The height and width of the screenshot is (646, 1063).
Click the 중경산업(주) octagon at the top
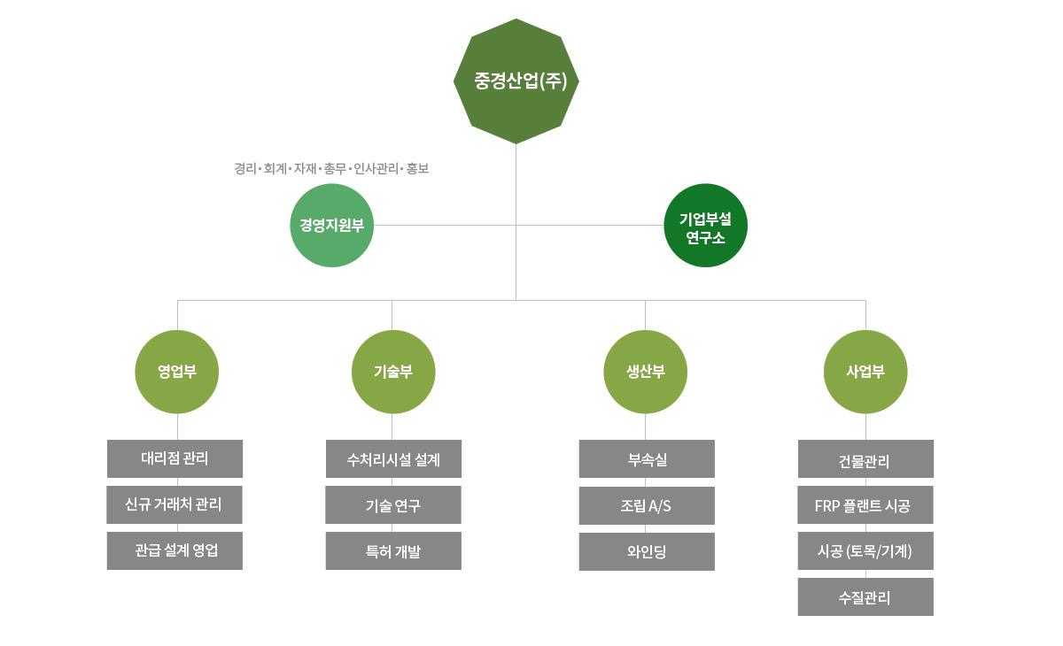tap(516, 81)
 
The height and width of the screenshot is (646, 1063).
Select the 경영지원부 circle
tap(332, 225)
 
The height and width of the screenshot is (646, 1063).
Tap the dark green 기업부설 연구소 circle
tap(706, 226)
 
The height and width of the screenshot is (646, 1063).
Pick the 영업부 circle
tap(177, 372)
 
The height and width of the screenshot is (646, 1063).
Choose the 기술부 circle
tap(393, 372)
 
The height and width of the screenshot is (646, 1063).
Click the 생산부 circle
tap(646, 372)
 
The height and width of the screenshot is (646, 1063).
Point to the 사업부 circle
tap(865, 372)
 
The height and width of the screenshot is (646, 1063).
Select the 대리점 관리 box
tap(175, 458)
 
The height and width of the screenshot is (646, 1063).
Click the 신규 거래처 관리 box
tap(175, 504)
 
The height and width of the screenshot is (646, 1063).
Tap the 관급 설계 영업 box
tap(175, 550)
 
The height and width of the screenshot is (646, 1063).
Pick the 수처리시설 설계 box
tap(393, 458)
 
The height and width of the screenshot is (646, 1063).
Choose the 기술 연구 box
tap(393, 505)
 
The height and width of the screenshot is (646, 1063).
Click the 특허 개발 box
tap(393, 550)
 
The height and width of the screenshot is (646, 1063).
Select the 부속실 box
tap(647, 458)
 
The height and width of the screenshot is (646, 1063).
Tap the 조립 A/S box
tap(647, 505)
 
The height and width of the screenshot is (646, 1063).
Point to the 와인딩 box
tap(647, 551)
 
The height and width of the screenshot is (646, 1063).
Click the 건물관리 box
tap(865, 459)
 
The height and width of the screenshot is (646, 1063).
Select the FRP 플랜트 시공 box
tap(865, 505)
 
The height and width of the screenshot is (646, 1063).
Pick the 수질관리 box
tap(865, 597)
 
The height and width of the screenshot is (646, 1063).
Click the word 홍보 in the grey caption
tap(417, 168)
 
